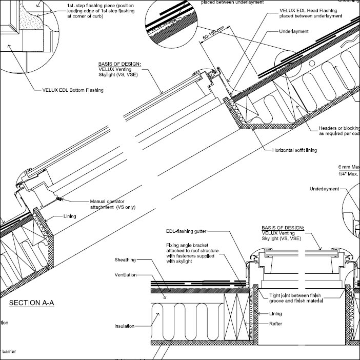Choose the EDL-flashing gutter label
(x=190, y=232)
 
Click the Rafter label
(x=276, y=324)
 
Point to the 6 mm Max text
(x=349, y=168)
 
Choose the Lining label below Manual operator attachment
(x=70, y=216)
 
